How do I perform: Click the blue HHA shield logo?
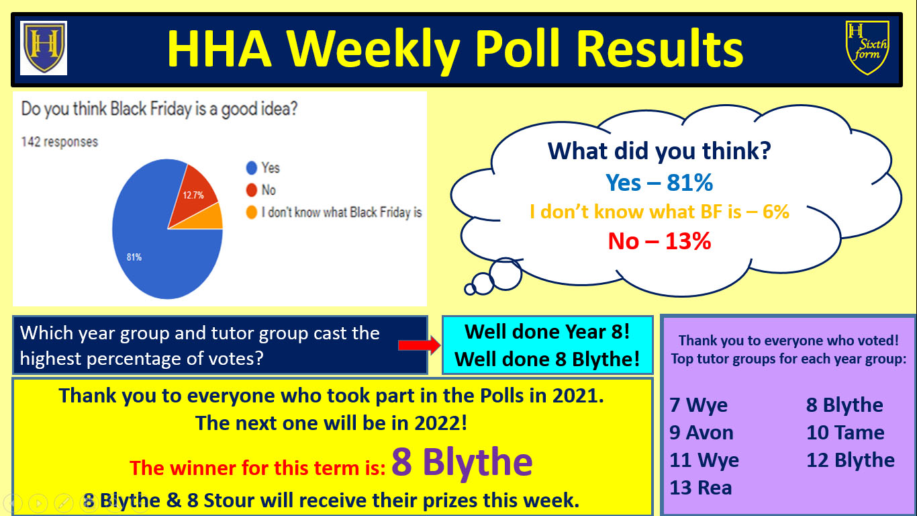click(44, 48)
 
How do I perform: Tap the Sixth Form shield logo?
click(867, 48)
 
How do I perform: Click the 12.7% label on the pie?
click(193, 195)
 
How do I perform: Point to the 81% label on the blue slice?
click(134, 257)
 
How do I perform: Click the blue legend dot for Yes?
click(251, 167)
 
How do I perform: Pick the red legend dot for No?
click(251, 189)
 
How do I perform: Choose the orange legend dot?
click(251, 212)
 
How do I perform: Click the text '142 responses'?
click(60, 142)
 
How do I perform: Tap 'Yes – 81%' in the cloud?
click(659, 182)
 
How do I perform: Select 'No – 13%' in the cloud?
click(659, 241)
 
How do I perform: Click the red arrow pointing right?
click(419, 345)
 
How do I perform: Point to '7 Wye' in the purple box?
click(698, 405)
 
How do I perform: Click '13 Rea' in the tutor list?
click(700, 488)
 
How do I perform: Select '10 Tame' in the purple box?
click(845, 433)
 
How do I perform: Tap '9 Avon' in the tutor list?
click(702, 433)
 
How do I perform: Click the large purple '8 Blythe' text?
click(462, 462)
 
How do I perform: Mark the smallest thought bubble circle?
click(470, 290)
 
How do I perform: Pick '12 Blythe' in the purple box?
click(851, 460)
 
